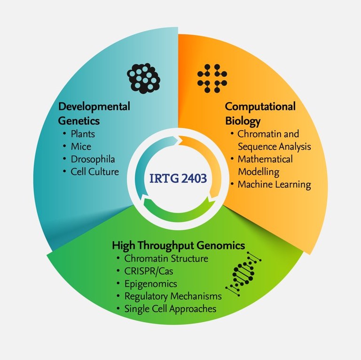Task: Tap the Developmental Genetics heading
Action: [x=94, y=113]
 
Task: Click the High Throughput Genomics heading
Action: [x=178, y=245]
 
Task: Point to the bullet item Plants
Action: [x=82, y=134]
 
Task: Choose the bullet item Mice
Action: [x=80, y=147]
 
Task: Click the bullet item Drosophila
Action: [x=92, y=159]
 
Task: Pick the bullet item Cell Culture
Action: [x=94, y=171]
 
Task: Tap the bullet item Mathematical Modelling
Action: [x=265, y=165]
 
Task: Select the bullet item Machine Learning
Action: [x=274, y=184]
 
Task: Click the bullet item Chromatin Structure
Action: [x=166, y=258]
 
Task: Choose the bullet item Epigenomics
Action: [x=150, y=284]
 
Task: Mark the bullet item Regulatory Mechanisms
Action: [x=173, y=297]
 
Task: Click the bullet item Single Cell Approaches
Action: [x=170, y=309]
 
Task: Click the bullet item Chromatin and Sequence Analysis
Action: [x=274, y=140]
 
